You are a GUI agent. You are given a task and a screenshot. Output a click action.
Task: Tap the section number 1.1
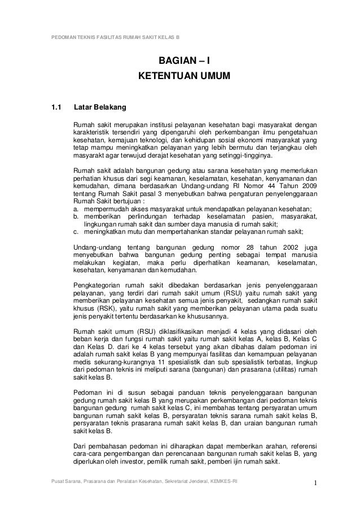(56, 106)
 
